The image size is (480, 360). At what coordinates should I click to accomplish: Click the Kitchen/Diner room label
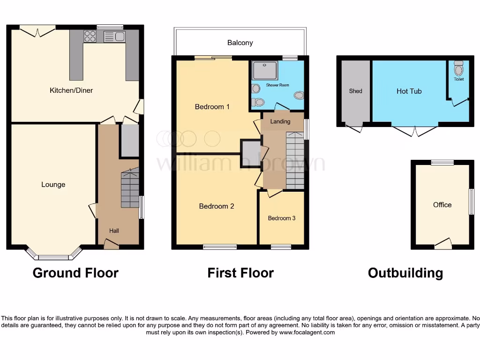[71, 90]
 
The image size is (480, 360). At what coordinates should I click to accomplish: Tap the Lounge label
[53, 184]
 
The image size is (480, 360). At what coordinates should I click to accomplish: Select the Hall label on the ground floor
[114, 231]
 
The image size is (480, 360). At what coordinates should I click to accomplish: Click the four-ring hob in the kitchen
[90, 36]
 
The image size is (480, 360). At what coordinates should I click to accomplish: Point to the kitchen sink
[114, 36]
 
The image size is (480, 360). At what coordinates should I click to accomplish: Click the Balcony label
[240, 43]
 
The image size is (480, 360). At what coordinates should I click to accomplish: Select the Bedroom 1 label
[212, 106]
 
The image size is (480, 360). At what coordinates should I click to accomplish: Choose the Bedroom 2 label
[216, 206]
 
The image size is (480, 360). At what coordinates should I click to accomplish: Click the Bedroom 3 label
[282, 218]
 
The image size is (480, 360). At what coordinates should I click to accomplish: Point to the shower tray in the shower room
[265, 70]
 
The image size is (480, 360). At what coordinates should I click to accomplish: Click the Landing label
[280, 121]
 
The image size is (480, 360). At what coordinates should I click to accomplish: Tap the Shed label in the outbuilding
[355, 91]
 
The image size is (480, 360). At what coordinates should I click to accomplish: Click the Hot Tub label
[409, 91]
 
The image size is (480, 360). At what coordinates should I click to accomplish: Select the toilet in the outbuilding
[458, 69]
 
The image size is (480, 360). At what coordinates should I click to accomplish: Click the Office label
[442, 204]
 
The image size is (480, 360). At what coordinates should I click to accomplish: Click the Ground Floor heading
[75, 273]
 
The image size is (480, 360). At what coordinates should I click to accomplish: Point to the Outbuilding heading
[405, 273]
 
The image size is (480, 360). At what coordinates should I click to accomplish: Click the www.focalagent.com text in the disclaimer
[307, 332]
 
